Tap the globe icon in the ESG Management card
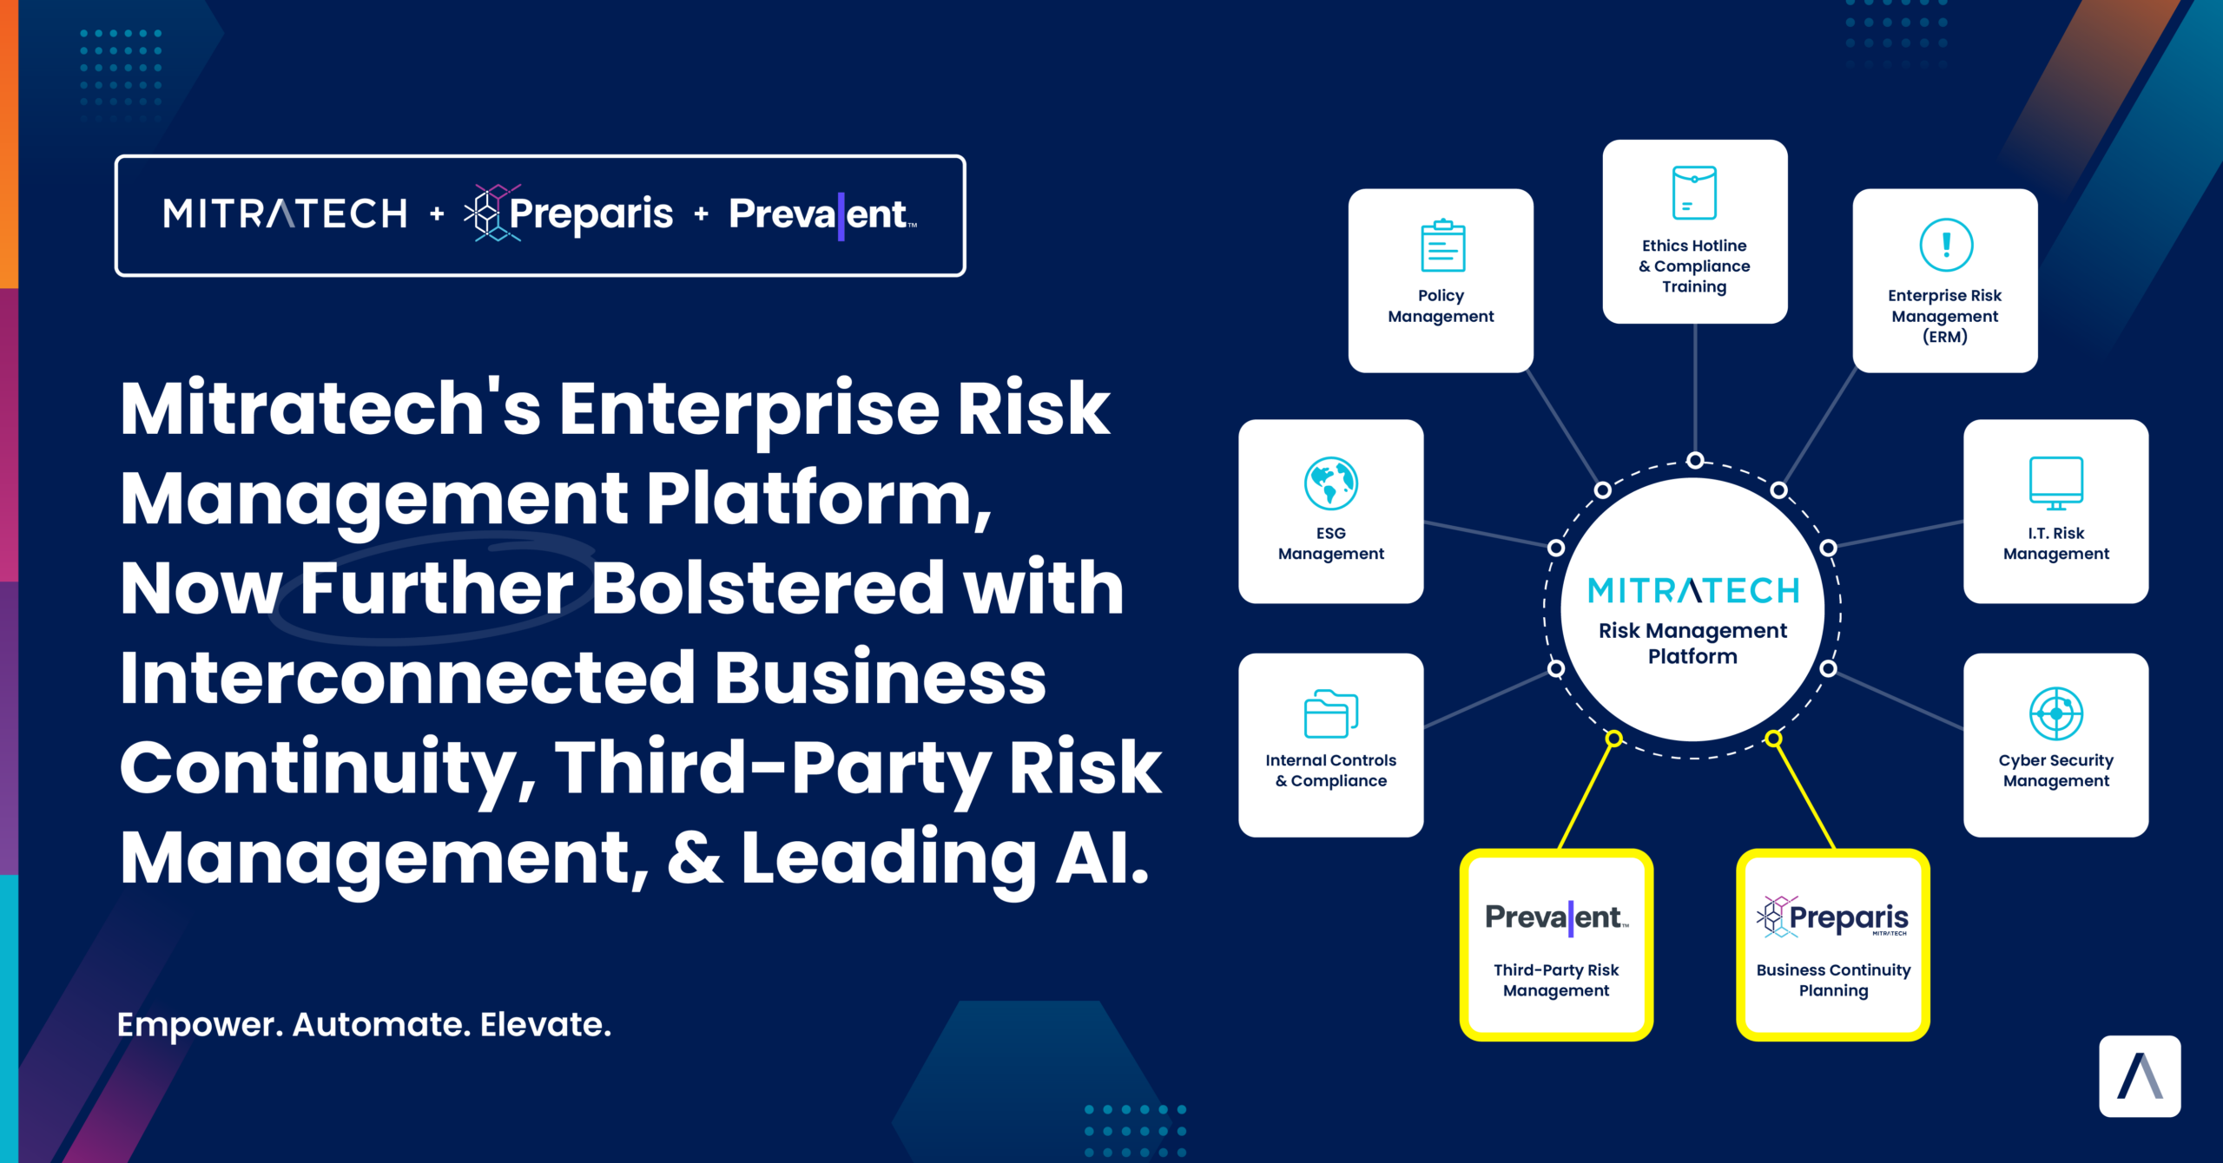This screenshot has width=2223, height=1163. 1330,483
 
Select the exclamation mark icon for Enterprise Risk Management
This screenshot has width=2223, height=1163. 1946,245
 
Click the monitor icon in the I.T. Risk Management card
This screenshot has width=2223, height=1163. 2055,483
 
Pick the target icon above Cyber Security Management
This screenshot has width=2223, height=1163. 2055,713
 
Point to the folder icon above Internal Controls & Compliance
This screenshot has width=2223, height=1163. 1331,713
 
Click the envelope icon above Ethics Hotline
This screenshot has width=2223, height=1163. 1694,193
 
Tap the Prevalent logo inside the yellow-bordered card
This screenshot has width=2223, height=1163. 1556,917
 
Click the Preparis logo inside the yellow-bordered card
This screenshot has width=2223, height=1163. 1833,917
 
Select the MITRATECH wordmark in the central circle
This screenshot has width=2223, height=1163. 1693,591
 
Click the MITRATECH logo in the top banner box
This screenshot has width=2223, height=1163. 285,214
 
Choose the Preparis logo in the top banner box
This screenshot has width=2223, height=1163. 569,214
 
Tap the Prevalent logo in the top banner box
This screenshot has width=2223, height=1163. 823,214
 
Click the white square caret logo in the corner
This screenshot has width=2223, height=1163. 2140,1076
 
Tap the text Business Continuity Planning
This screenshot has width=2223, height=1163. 1833,980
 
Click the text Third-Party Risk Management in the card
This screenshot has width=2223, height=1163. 1556,980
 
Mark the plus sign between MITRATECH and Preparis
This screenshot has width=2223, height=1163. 437,213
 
